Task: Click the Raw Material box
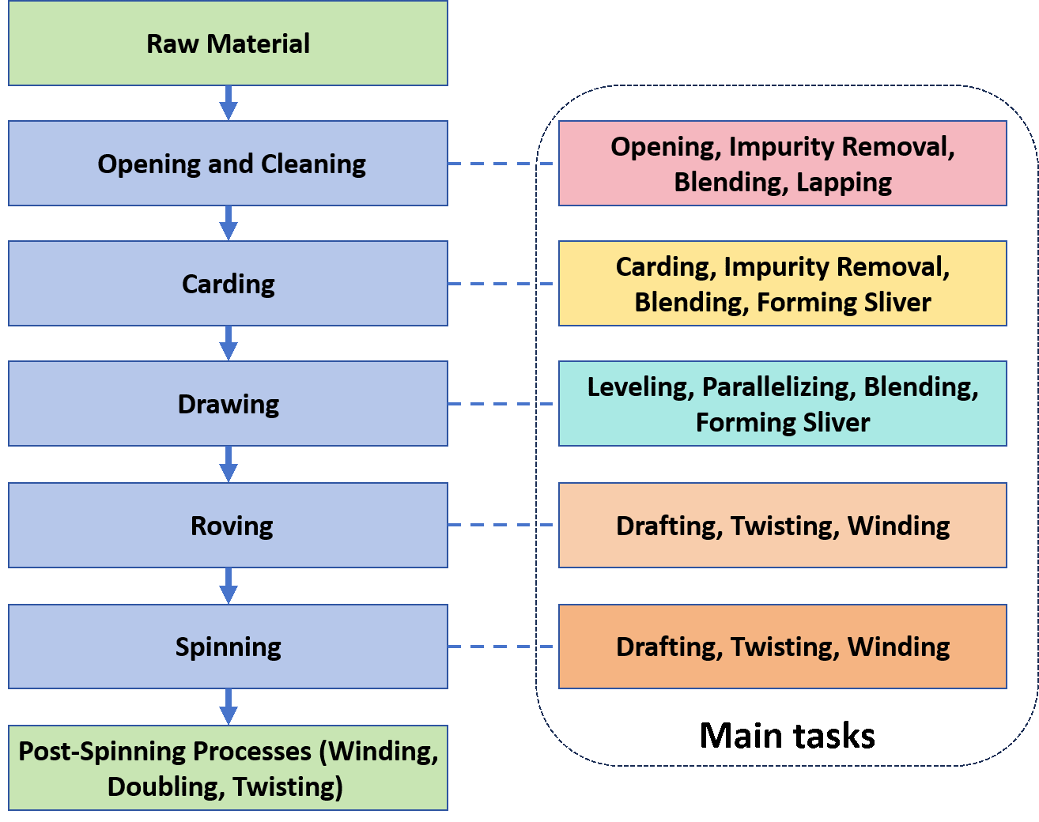[x=228, y=43]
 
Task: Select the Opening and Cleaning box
[x=228, y=164]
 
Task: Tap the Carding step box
[x=228, y=284]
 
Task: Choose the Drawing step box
[x=228, y=404]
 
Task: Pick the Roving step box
[x=228, y=526]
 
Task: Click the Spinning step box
[x=228, y=647]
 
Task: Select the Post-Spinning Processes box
[x=228, y=768]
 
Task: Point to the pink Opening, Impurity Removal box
[x=782, y=164]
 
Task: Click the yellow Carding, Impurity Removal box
[x=782, y=284]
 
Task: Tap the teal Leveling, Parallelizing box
[x=782, y=404]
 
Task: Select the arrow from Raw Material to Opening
[x=229, y=103]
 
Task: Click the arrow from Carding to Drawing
[x=229, y=343]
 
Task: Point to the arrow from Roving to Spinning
[x=229, y=586]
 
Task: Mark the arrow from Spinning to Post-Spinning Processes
[x=229, y=707]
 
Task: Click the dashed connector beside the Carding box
[x=502, y=284]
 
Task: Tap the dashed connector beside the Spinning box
[x=502, y=647]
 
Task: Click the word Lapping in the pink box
[x=844, y=183]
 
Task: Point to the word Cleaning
[x=313, y=164]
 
